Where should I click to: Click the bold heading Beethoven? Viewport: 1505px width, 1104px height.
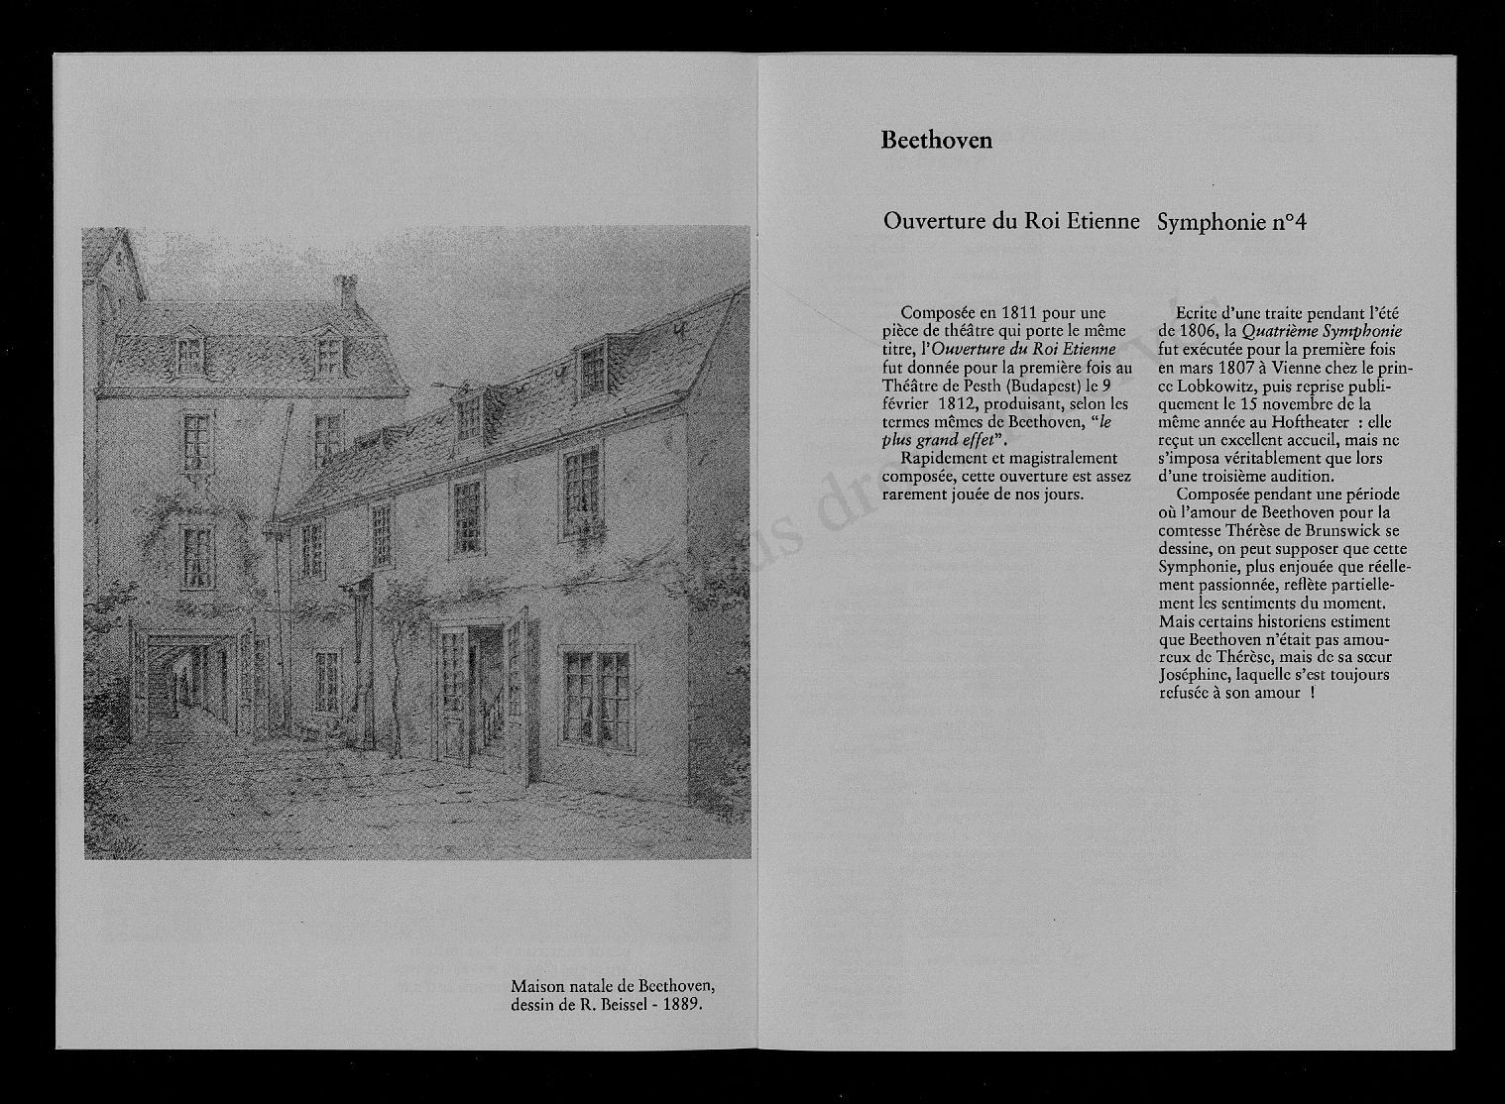[936, 140]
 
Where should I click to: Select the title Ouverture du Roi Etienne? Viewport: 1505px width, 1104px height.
[1011, 222]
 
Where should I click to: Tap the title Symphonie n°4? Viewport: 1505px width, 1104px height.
[1231, 223]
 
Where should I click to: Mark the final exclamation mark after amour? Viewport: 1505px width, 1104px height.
[1312, 693]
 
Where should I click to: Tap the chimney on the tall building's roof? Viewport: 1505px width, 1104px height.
[346, 290]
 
